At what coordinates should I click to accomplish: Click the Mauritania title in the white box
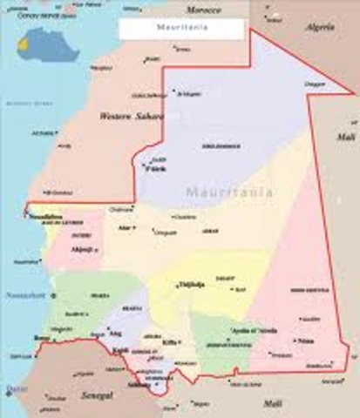[181, 28]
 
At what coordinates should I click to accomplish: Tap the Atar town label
[124, 227]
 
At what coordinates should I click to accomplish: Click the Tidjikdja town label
[191, 284]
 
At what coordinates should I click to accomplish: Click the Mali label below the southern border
[273, 402]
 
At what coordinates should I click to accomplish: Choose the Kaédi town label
[121, 350]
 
